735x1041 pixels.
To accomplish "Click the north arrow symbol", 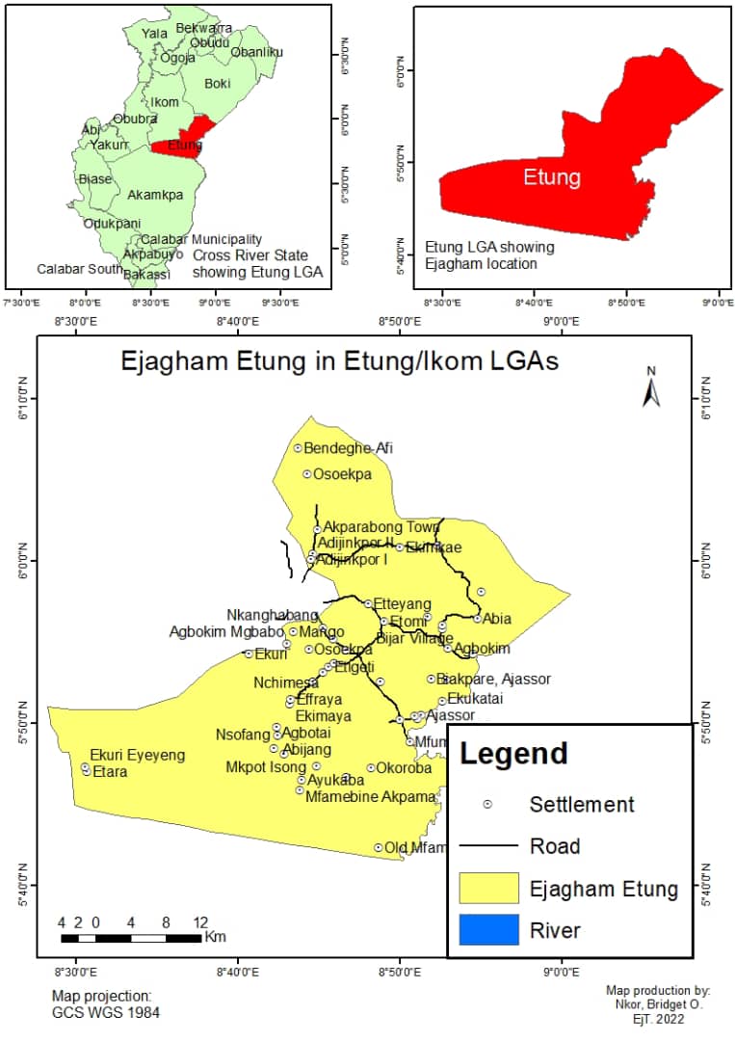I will [651, 388].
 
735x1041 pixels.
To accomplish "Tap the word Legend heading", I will [512, 753].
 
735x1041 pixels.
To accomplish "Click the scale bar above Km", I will [131, 937].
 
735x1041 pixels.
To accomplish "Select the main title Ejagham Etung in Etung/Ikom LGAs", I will [339, 361].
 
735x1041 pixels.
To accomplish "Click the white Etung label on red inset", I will [552, 177].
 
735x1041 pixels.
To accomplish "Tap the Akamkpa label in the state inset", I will [154, 195].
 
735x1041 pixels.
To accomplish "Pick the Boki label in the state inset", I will [218, 84].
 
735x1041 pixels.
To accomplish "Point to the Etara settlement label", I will [109, 772].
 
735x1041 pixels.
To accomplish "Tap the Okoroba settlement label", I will [404, 768].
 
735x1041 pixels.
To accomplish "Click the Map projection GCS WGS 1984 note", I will [106, 1004].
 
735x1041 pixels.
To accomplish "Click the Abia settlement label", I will [497, 619].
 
